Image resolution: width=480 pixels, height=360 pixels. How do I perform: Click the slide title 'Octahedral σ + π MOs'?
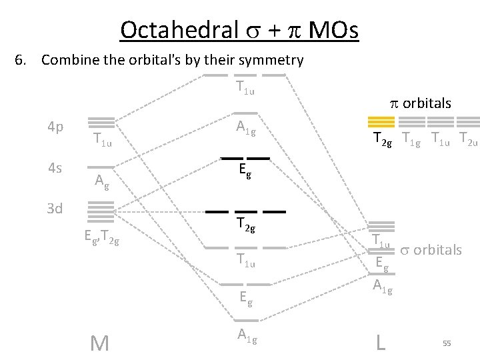coord(239,30)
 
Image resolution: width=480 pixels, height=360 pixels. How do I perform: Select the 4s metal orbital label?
coord(55,168)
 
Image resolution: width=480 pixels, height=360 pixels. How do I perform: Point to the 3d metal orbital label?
coord(55,209)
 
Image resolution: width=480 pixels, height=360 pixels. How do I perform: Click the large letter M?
coord(99,343)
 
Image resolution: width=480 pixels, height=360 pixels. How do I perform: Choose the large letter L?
coord(381,343)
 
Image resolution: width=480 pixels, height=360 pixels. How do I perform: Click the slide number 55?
coord(447,343)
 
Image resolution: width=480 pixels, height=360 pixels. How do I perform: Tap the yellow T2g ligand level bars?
coord(381,121)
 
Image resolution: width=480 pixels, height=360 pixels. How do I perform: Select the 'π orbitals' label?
coord(420,103)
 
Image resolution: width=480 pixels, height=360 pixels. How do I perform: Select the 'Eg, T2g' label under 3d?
coord(101,235)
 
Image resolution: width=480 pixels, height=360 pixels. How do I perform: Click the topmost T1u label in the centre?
coord(245,87)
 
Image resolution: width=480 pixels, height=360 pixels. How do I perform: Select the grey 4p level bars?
coord(101,123)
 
